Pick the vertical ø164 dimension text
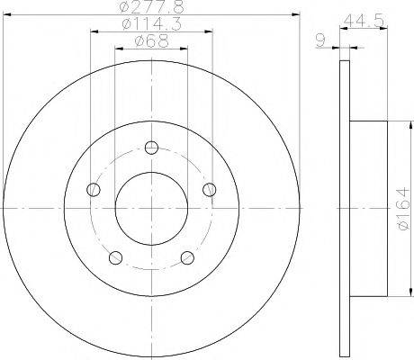pos(402,209)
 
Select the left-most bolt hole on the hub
pos(93,189)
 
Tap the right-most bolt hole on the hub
pos(210,189)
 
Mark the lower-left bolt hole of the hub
pos(114,258)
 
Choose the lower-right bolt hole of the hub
pos(187,258)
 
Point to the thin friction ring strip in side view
pos(344,209)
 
